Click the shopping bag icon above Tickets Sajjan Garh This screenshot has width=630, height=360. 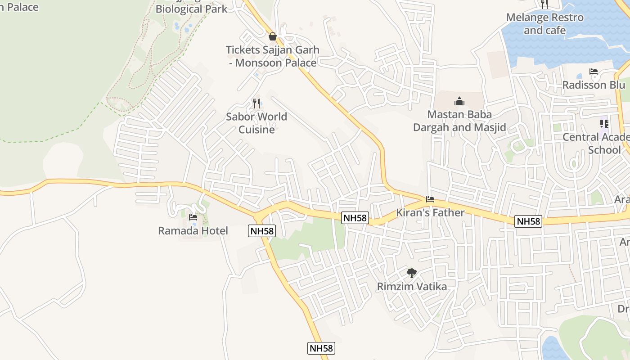(272, 36)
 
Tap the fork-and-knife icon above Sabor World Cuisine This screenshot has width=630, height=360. (256, 103)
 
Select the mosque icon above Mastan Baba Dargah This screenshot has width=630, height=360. (459, 101)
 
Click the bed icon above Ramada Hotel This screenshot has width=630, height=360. (193, 217)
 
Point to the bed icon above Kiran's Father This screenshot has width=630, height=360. (430, 199)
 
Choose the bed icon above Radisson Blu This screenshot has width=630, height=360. (594, 72)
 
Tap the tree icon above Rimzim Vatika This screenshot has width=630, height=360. (411, 273)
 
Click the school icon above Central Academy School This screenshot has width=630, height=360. (604, 123)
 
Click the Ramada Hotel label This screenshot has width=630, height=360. (193, 231)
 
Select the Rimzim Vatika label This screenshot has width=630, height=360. (412, 287)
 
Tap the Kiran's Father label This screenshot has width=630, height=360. (430, 212)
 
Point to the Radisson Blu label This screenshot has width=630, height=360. (594, 85)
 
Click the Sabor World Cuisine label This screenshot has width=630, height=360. (256, 123)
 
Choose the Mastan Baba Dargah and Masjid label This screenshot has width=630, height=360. (459, 121)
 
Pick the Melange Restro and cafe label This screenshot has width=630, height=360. (544, 24)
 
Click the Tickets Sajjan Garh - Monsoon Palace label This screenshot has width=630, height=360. (272, 56)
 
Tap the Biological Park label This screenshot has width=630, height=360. (191, 9)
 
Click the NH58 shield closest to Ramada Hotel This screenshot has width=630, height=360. (261, 231)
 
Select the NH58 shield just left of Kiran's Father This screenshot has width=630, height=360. (355, 218)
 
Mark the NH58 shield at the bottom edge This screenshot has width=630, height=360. (321, 348)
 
